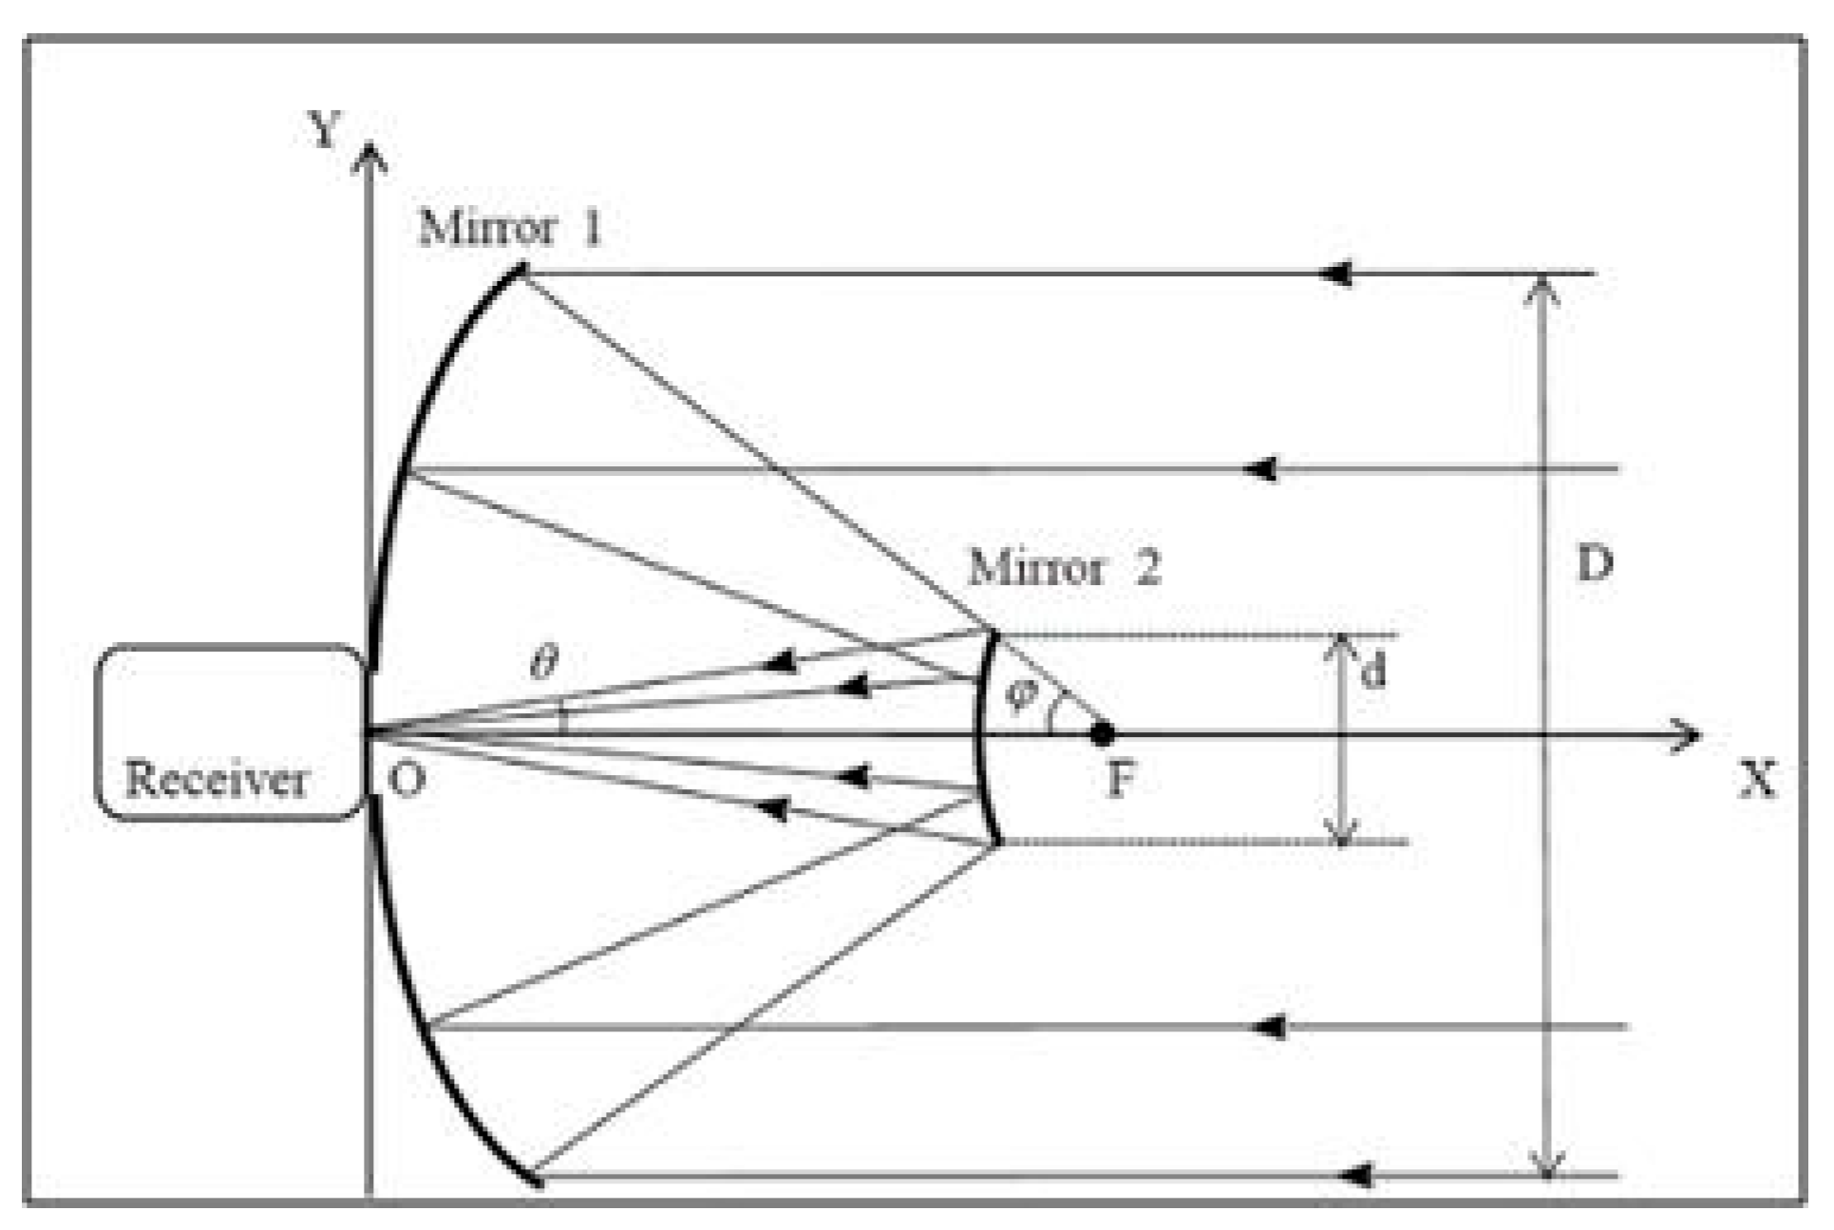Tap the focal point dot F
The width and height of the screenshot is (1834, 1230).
pos(1102,733)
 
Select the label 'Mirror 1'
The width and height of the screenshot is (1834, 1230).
pos(511,228)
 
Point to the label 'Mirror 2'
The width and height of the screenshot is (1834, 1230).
pos(1064,568)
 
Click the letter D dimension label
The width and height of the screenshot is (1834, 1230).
pos(1595,563)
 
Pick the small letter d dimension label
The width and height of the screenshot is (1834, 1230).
pos(1373,672)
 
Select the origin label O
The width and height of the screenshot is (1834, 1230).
pos(407,780)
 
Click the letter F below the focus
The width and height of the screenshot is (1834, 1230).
pos(1121,780)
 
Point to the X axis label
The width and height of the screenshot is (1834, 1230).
pos(1757,780)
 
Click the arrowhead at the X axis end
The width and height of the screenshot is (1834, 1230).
pos(1687,734)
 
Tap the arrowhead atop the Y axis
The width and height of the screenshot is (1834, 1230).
pos(369,158)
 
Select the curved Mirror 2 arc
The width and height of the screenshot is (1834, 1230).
pos(984,736)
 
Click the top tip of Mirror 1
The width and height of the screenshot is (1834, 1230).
pos(521,270)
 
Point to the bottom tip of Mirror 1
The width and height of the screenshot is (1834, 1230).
pos(538,1183)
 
